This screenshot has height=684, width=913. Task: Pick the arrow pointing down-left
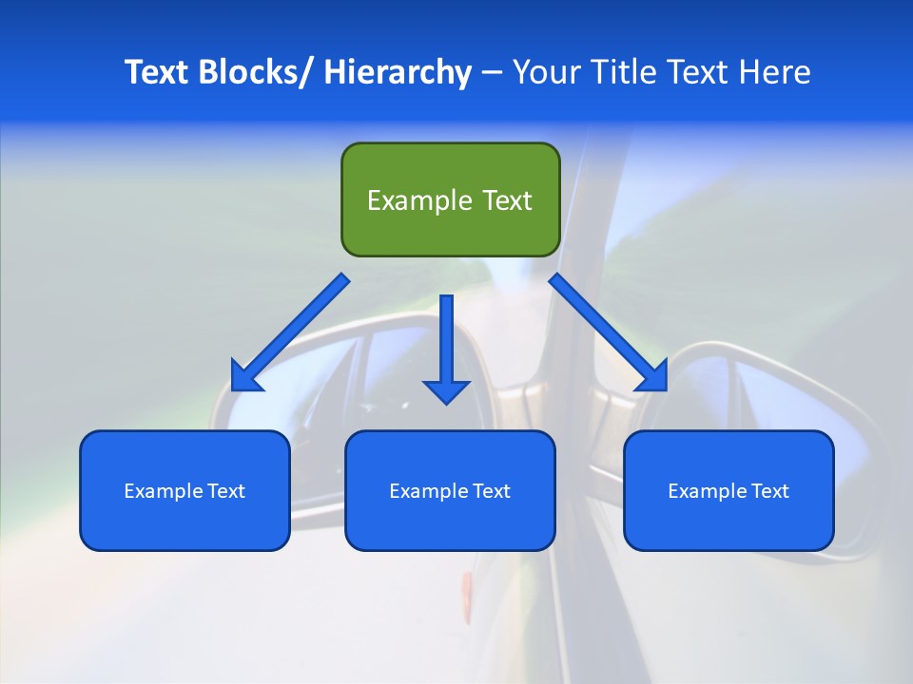[x=290, y=332]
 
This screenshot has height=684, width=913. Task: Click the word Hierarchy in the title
[x=398, y=72]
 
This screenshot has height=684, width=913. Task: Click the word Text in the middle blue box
[x=492, y=491]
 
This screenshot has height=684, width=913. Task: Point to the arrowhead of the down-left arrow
[x=244, y=377]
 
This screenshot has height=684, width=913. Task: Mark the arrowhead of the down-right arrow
[x=653, y=377]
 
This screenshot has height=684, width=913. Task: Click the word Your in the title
[x=543, y=72]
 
